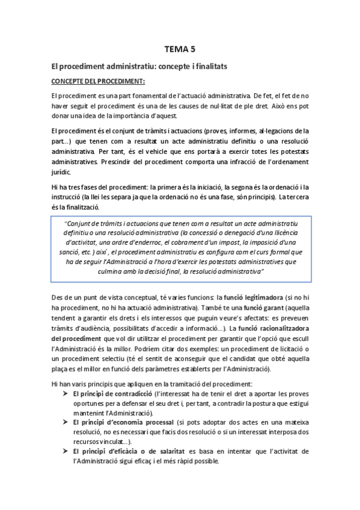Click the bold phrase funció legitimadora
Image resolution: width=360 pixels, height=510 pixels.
(251, 296)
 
